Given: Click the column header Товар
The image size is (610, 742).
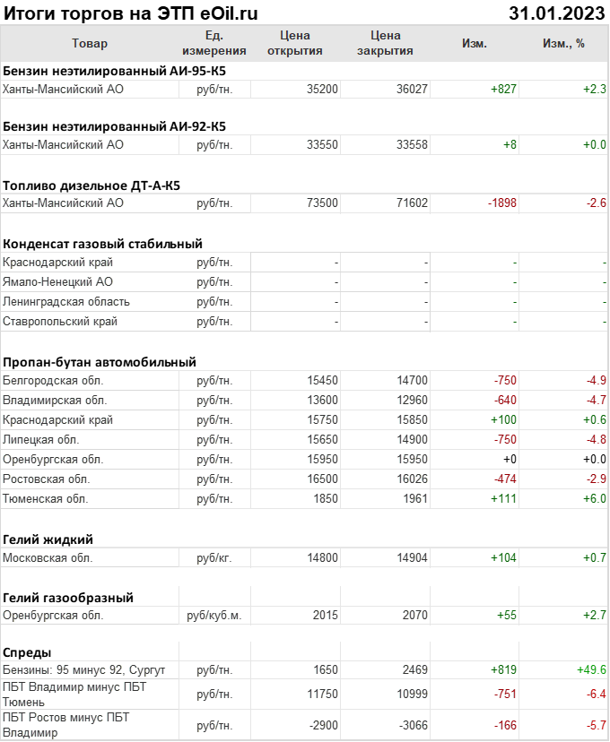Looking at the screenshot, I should click(89, 43).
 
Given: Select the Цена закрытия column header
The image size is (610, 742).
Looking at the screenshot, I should click(385, 43).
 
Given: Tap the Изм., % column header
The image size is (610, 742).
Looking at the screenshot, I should click(563, 43).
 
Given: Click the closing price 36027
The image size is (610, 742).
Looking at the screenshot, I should click(412, 89).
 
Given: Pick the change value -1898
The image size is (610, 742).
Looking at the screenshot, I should click(502, 203).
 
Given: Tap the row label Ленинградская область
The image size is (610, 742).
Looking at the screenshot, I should click(66, 301).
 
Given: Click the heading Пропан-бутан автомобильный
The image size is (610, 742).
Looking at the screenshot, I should click(100, 362).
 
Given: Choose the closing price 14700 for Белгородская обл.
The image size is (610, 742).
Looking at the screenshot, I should click(412, 381).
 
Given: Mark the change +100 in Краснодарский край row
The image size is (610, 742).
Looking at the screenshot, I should click(503, 420).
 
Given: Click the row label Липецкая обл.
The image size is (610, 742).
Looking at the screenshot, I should click(41, 440).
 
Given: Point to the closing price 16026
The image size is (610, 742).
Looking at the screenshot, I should click(412, 479).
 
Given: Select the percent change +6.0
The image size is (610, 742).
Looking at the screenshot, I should click(594, 498).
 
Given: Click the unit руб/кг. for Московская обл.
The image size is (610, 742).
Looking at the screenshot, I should click(214, 557).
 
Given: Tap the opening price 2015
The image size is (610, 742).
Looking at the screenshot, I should click(325, 616).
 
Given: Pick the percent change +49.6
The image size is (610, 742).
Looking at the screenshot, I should click(591, 669).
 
